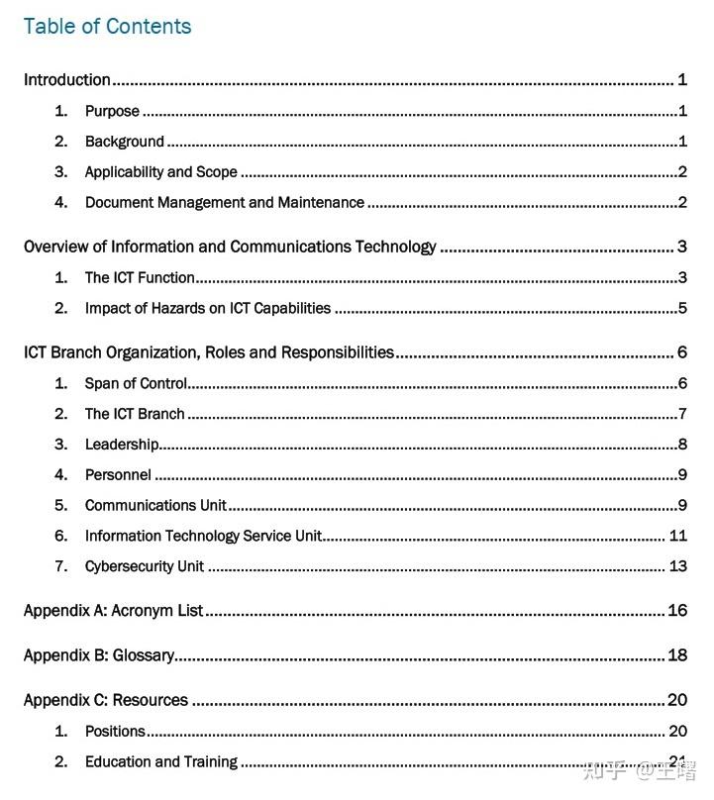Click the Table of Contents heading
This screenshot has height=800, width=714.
(x=107, y=27)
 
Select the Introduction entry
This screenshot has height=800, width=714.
(x=67, y=80)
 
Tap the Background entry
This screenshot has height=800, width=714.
(x=124, y=142)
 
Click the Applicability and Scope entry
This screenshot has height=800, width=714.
(x=160, y=172)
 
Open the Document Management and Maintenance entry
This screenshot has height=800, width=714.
(x=224, y=203)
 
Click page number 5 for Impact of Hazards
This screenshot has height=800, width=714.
(x=682, y=308)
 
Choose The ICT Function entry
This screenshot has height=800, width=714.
(x=140, y=277)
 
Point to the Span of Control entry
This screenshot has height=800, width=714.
(x=136, y=383)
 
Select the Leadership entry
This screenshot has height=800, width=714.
(x=122, y=445)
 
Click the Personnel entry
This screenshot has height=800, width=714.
(x=118, y=475)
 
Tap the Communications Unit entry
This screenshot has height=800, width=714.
(x=155, y=506)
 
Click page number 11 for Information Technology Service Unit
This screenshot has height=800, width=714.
(x=678, y=536)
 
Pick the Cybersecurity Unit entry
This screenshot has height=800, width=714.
(x=144, y=566)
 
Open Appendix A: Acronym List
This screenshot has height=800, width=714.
(x=113, y=611)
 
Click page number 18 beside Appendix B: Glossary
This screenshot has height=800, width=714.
(x=678, y=655)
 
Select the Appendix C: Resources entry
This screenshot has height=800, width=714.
(x=106, y=700)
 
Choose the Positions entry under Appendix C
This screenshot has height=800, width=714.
(x=115, y=732)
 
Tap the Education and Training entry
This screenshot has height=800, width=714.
(x=160, y=762)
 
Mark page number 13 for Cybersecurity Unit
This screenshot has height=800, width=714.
(x=678, y=566)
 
